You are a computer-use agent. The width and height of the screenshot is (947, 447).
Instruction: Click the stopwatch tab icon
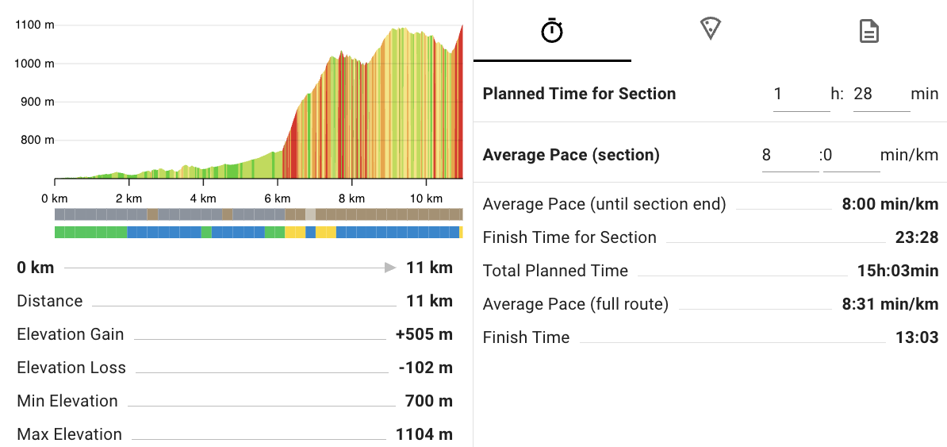(x=552, y=31)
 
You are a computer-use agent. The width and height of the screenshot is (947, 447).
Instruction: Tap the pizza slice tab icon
(x=710, y=30)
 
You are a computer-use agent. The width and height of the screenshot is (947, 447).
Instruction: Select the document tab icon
(x=869, y=31)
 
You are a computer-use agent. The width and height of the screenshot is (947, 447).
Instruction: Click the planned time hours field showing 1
(x=800, y=94)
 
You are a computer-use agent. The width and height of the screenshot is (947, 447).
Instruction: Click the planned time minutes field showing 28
(x=880, y=94)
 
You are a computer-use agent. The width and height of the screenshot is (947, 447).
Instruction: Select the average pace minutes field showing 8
(x=789, y=155)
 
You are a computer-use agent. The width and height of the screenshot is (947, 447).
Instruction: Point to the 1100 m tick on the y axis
(x=35, y=25)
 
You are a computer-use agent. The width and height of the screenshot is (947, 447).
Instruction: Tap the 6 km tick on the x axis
(x=278, y=198)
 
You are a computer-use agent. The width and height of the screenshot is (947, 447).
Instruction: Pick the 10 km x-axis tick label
(x=425, y=198)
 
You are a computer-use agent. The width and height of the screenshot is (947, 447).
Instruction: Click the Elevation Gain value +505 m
(x=424, y=334)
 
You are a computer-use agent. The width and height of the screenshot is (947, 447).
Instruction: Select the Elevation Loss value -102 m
(x=426, y=368)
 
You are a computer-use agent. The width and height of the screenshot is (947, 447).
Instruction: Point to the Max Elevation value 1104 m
(x=424, y=434)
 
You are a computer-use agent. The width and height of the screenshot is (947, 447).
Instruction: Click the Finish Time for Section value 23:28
(x=917, y=237)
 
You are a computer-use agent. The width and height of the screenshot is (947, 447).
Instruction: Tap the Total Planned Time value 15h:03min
(x=898, y=271)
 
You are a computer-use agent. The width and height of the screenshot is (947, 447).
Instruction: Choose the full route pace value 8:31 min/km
(x=890, y=304)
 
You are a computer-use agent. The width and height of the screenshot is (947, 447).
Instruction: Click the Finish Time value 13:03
(x=917, y=337)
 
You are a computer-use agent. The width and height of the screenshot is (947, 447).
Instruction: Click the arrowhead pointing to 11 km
(x=389, y=268)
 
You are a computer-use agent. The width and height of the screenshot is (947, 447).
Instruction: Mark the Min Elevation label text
(x=67, y=401)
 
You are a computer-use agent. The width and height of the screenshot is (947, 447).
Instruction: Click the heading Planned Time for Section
(x=579, y=94)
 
